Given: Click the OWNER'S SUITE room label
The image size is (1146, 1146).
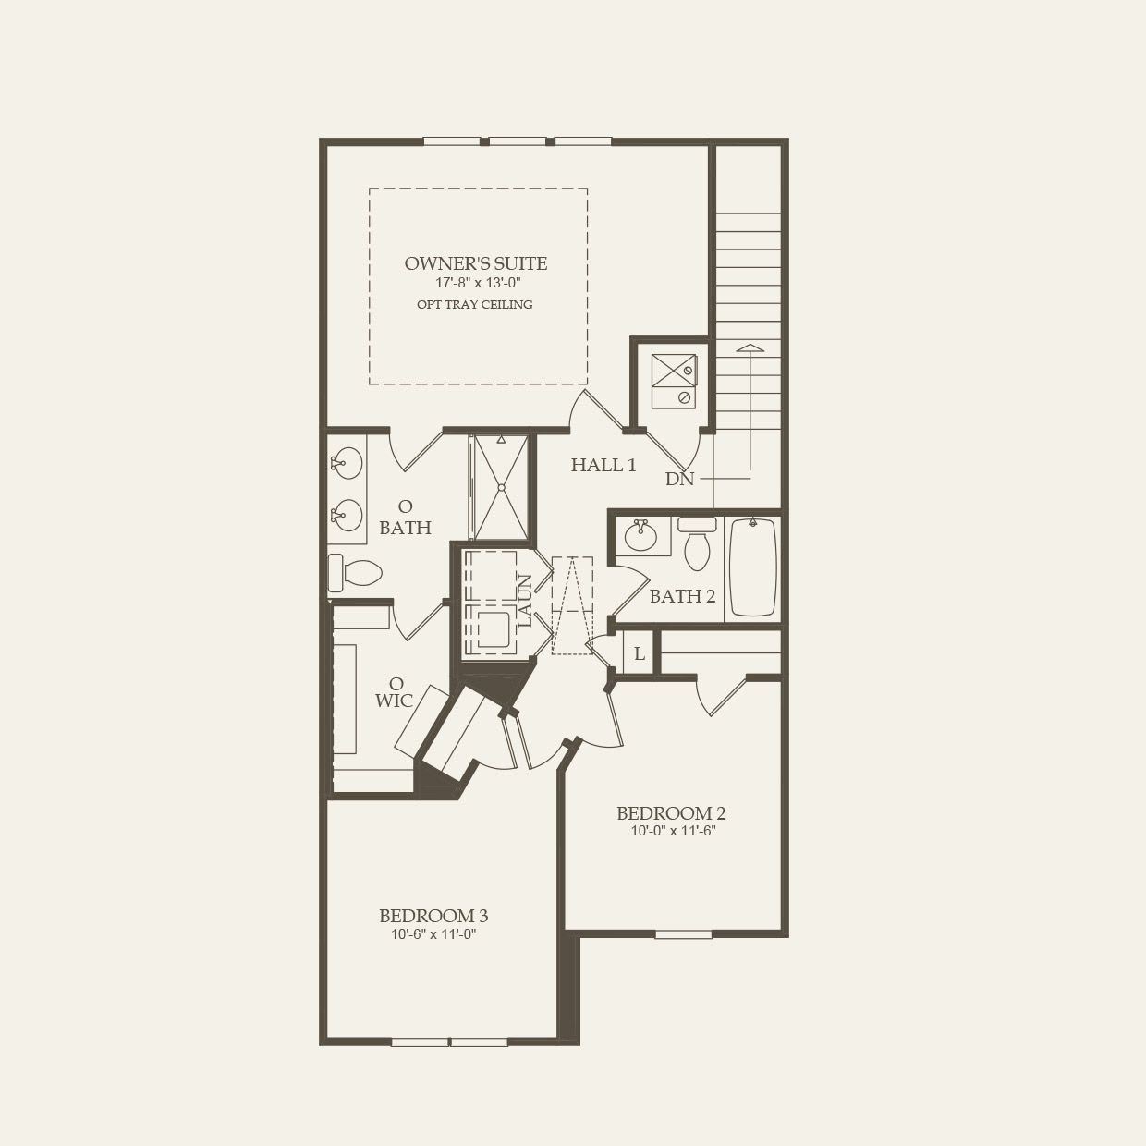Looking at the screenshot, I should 476,264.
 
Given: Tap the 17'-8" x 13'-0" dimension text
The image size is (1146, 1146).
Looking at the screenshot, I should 476,284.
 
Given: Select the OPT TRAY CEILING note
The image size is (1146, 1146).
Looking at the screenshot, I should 476,305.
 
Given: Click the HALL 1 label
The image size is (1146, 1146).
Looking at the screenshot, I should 603,466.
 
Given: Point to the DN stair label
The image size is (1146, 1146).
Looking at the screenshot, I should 679,480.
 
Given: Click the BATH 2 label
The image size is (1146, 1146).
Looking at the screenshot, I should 682,597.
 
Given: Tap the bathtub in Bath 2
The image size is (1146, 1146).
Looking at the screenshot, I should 753,567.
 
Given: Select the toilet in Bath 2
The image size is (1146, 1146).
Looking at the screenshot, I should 697,544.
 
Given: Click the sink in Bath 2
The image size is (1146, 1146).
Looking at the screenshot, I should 640,536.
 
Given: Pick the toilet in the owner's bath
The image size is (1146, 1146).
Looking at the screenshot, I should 355,572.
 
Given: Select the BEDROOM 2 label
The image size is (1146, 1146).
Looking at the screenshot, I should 671,814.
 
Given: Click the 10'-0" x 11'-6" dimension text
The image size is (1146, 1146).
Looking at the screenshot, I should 671,831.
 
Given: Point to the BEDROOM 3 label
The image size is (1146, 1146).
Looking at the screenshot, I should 433,917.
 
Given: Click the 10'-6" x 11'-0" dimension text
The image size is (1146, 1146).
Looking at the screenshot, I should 433,934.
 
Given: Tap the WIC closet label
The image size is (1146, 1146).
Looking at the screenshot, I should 394,701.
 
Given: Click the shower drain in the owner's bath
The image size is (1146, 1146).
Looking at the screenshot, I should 501,487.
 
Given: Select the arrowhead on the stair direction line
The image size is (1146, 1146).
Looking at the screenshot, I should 750,348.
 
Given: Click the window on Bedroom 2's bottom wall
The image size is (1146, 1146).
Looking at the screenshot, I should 684,934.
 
